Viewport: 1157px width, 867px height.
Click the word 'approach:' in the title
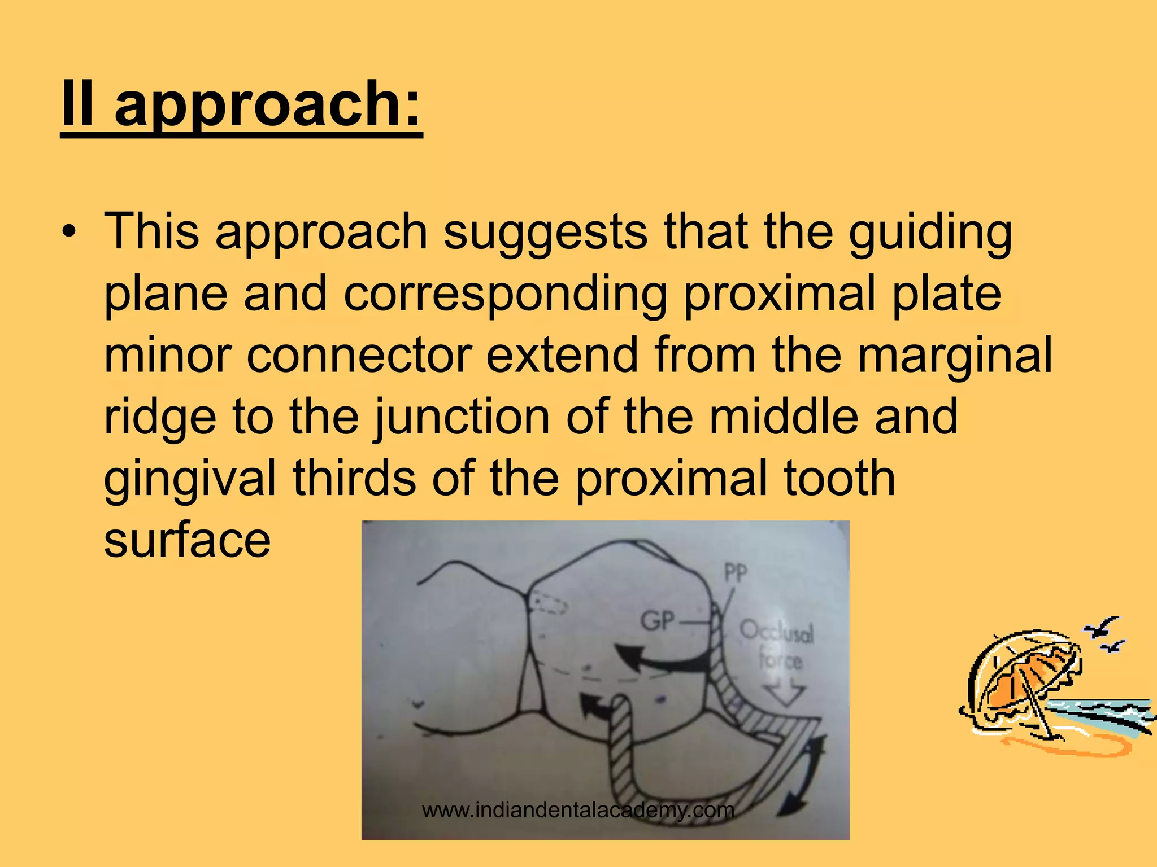pyautogui.click(x=268, y=105)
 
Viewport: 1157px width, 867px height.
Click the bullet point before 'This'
pyautogui.click(x=68, y=232)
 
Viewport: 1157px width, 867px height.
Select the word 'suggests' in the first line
pyautogui.click(x=545, y=233)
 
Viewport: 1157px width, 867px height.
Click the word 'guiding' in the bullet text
pyautogui.click(x=930, y=233)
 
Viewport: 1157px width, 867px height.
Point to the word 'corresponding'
pyautogui.click(x=505, y=294)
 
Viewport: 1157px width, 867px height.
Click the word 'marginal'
pyautogui.click(x=955, y=356)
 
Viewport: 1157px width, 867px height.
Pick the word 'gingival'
pyautogui.click(x=190, y=479)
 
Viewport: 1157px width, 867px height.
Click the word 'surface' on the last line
pyautogui.click(x=187, y=540)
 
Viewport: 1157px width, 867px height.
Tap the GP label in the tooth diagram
pyautogui.click(x=658, y=621)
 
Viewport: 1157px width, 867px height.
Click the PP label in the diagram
pyautogui.click(x=736, y=573)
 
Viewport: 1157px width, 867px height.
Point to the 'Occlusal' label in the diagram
pyautogui.click(x=777, y=632)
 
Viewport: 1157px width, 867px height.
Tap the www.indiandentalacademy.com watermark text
pyautogui.click(x=578, y=810)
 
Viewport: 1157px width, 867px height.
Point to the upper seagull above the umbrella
pyautogui.click(x=1102, y=627)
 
